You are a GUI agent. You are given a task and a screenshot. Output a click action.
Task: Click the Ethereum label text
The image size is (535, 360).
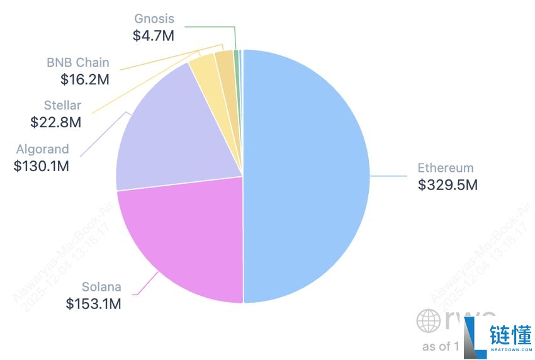coord(445,168)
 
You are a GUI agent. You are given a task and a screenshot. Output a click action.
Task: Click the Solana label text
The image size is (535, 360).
coord(101,288)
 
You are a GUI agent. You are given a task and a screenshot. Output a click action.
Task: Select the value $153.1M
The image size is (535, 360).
coord(93,304)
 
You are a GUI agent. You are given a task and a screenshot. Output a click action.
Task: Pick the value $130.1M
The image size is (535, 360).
coord(42,166)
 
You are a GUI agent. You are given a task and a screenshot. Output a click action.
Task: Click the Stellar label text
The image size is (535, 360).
coord(62,106)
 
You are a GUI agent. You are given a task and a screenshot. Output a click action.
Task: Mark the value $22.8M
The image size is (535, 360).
coord(56,122)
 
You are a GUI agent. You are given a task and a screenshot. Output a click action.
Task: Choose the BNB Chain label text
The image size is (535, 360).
coord(77,63)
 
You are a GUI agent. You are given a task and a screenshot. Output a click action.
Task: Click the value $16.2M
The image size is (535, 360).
coord(85,79)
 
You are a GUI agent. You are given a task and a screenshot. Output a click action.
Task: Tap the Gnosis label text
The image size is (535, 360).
coord(154,19)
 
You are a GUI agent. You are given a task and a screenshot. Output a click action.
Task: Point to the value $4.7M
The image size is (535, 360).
coord(153,36)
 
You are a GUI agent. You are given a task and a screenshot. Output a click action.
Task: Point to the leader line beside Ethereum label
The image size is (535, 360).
coord(390,177)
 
